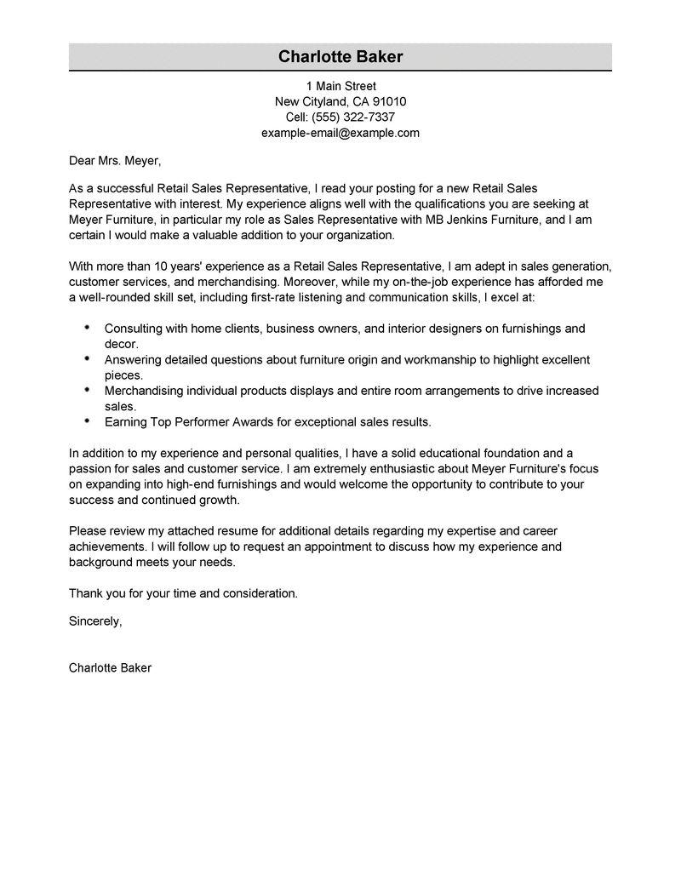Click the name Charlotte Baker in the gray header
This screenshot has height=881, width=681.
click(340, 57)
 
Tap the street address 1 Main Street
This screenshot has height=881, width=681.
click(340, 86)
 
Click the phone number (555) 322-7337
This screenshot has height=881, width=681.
click(353, 117)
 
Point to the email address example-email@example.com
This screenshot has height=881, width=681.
click(340, 133)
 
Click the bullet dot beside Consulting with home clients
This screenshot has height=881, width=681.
click(89, 328)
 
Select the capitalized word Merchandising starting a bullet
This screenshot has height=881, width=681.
click(146, 391)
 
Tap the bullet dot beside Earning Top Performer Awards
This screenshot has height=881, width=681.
click(89, 420)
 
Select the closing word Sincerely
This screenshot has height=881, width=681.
click(95, 621)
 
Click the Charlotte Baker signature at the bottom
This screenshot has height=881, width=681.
click(110, 668)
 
